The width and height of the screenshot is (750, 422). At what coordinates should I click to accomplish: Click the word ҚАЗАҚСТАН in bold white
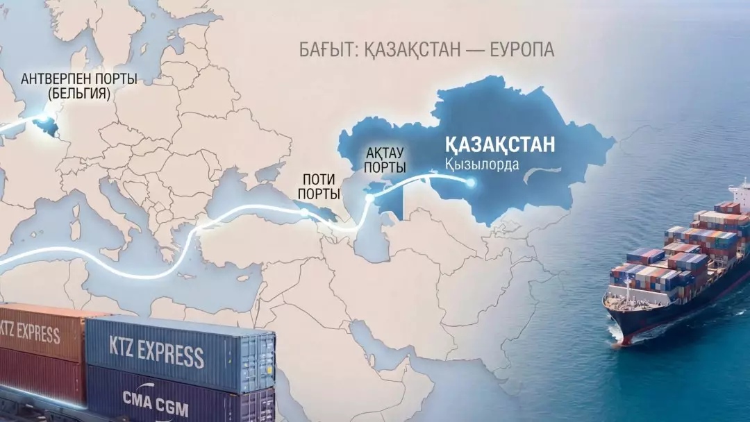click(x=499, y=144)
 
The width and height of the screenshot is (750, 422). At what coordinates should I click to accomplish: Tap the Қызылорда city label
click(x=478, y=165)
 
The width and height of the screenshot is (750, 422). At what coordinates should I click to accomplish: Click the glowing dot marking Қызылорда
click(x=470, y=183)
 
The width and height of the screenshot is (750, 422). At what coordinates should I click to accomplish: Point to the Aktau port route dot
click(x=370, y=199)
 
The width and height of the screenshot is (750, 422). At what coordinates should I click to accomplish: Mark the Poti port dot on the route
click(x=306, y=213)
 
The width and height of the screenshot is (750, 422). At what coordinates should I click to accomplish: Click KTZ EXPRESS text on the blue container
click(x=157, y=352)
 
